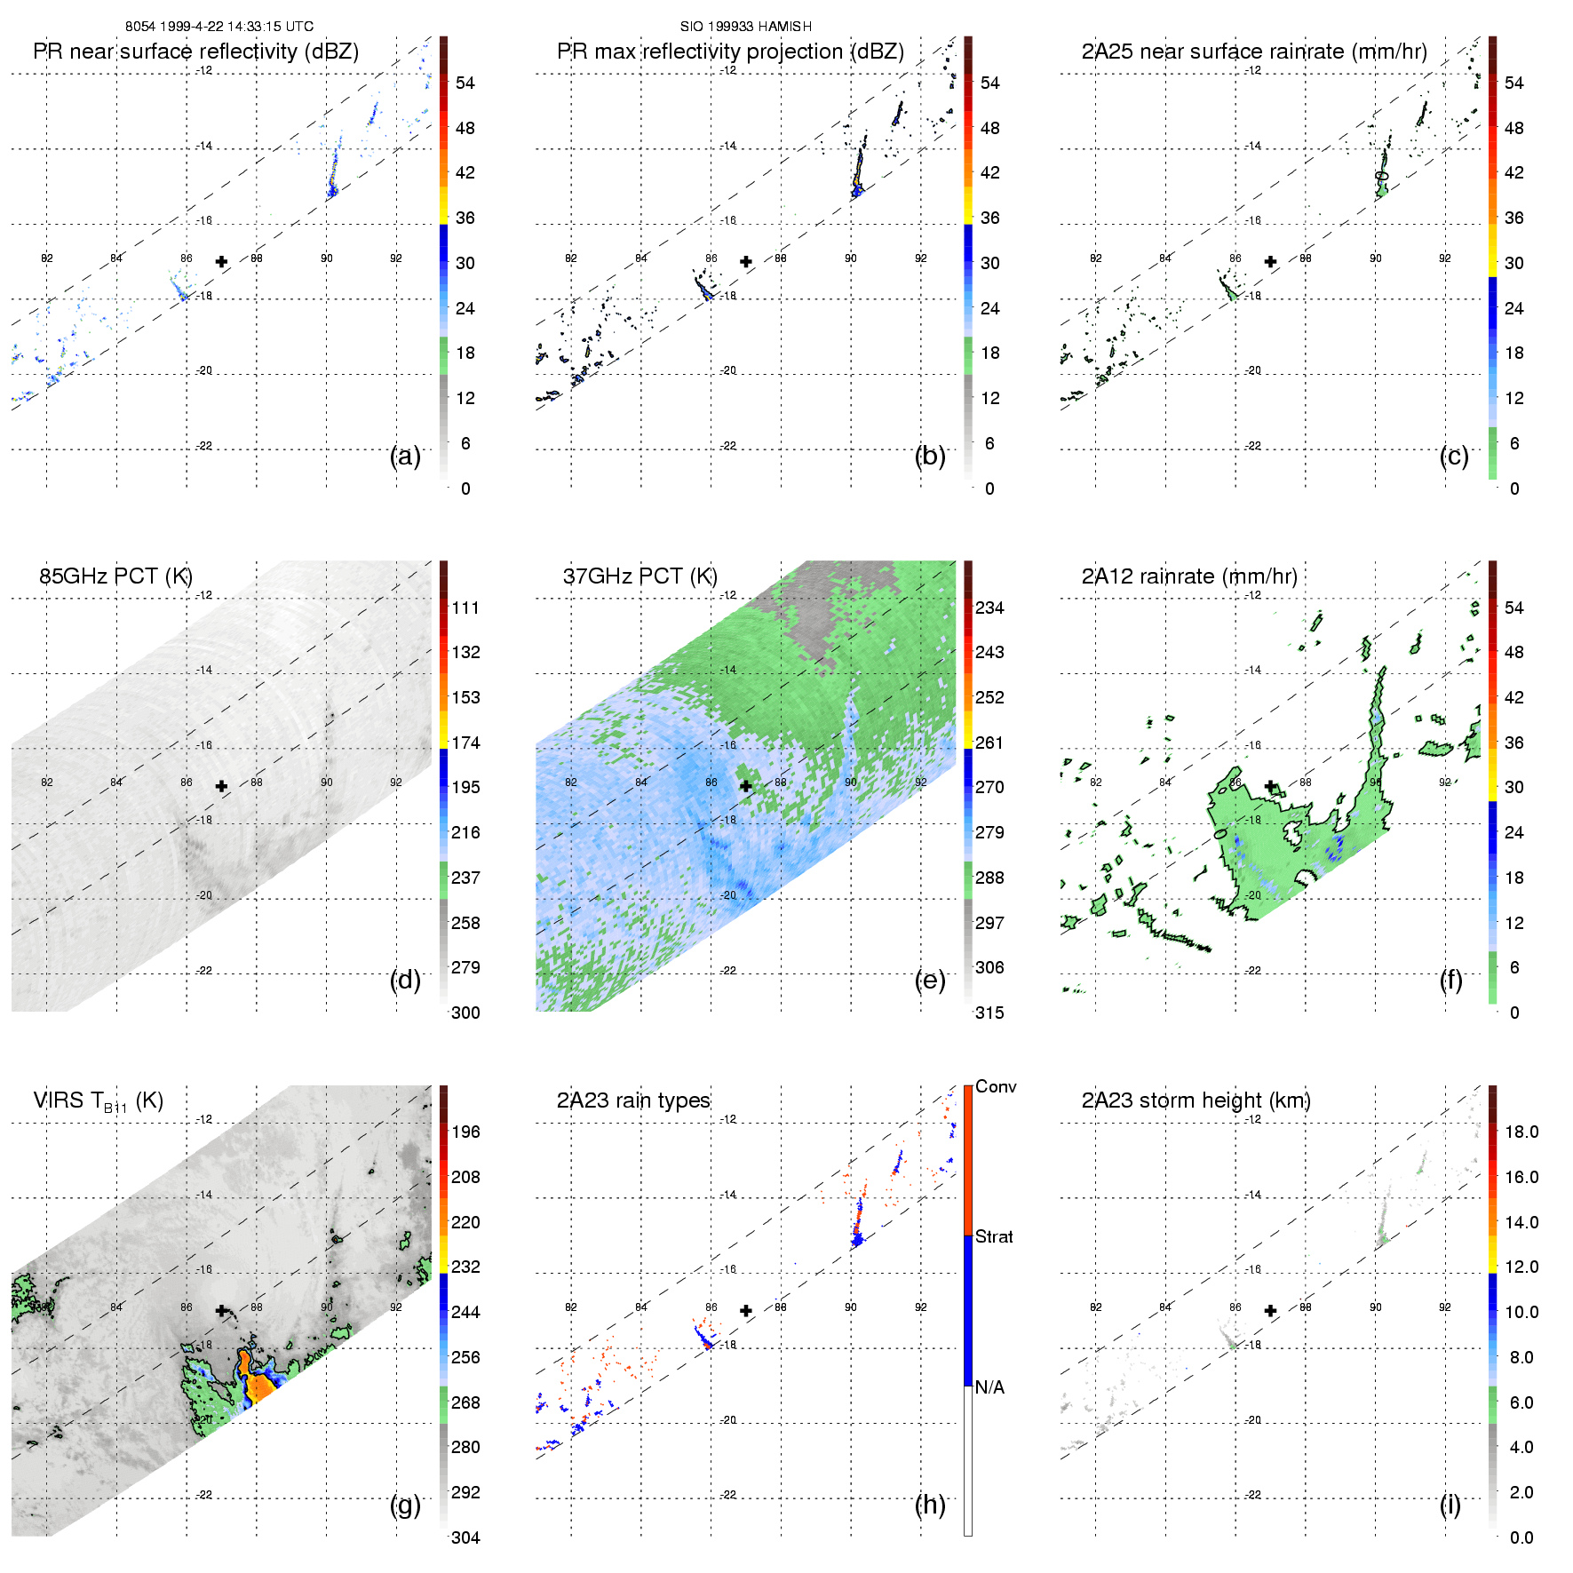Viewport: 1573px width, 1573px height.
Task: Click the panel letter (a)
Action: pyautogui.click(x=405, y=456)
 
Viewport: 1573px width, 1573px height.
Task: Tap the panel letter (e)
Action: pyautogui.click(x=930, y=980)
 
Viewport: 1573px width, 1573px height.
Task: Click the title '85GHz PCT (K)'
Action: pyautogui.click(x=115, y=576)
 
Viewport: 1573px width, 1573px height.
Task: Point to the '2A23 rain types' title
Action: pyautogui.click(x=633, y=1100)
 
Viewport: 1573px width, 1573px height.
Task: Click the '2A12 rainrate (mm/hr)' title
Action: pyautogui.click(x=1189, y=576)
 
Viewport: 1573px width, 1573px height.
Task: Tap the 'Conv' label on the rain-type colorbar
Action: pyautogui.click(x=996, y=1086)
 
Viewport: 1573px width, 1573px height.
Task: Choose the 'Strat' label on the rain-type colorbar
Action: pyautogui.click(x=994, y=1236)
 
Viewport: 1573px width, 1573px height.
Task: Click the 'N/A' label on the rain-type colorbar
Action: pyautogui.click(x=989, y=1387)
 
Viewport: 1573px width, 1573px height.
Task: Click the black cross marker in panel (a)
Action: pyautogui.click(x=221, y=261)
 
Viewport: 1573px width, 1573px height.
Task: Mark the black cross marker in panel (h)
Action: pyautogui.click(x=746, y=1310)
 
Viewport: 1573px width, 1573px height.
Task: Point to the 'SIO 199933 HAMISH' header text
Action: pyautogui.click(x=746, y=27)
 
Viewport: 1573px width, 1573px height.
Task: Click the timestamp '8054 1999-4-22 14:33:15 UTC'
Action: pyautogui.click(x=219, y=27)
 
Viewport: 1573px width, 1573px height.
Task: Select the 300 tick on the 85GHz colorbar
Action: pyautogui.click(x=465, y=1013)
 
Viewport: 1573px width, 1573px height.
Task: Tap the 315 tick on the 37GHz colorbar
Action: pyautogui.click(x=989, y=1013)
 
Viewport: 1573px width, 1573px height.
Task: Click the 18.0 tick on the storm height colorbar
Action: pyautogui.click(x=1521, y=1132)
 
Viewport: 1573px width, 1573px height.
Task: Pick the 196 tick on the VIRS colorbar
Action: pyautogui.click(x=465, y=1132)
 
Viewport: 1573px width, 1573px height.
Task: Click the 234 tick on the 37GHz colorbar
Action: pyautogui.click(x=989, y=608)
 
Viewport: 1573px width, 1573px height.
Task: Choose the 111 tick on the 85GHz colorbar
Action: pyautogui.click(x=465, y=608)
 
